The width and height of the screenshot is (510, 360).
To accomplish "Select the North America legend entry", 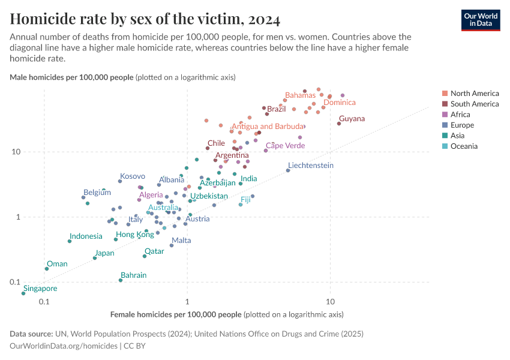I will click(x=474, y=93).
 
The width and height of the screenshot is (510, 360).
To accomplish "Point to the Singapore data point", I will click(x=23, y=293).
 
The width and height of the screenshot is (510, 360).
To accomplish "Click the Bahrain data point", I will click(x=121, y=280).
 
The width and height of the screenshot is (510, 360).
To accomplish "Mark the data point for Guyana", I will click(x=339, y=124).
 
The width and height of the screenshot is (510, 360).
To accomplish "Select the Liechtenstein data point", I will click(x=288, y=170).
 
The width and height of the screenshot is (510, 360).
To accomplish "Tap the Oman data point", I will click(x=46, y=269).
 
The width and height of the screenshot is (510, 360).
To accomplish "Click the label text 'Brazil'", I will click(x=277, y=109).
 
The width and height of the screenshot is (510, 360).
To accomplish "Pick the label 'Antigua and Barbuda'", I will click(x=268, y=127).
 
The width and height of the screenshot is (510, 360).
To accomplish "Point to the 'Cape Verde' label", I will click(x=285, y=145).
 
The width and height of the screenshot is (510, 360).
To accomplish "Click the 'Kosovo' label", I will click(x=133, y=176).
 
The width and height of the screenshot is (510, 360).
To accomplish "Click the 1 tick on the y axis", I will click(x=35, y=217).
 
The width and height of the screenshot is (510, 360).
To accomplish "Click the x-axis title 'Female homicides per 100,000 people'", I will click(x=176, y=314).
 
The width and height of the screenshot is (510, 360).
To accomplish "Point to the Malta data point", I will click(x=172, y=245).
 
